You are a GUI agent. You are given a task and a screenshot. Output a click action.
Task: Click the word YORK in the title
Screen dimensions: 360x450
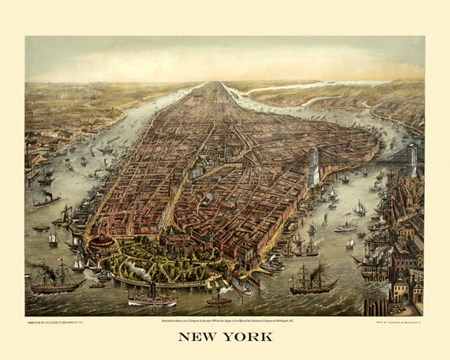point(247,336)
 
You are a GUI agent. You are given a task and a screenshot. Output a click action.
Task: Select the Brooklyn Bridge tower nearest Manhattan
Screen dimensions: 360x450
point(313,167)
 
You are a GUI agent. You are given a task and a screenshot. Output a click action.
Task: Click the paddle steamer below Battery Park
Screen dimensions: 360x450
point(153,298)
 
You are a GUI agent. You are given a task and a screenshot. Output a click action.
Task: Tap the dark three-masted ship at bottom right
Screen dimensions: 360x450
point(313,280)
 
